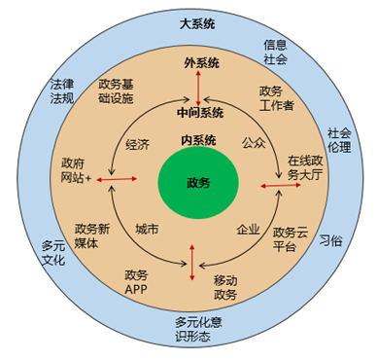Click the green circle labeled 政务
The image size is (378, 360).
(x=197, y=181)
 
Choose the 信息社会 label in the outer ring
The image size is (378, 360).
(x=276, y=51)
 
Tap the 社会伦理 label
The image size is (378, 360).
(x=339, y=140)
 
